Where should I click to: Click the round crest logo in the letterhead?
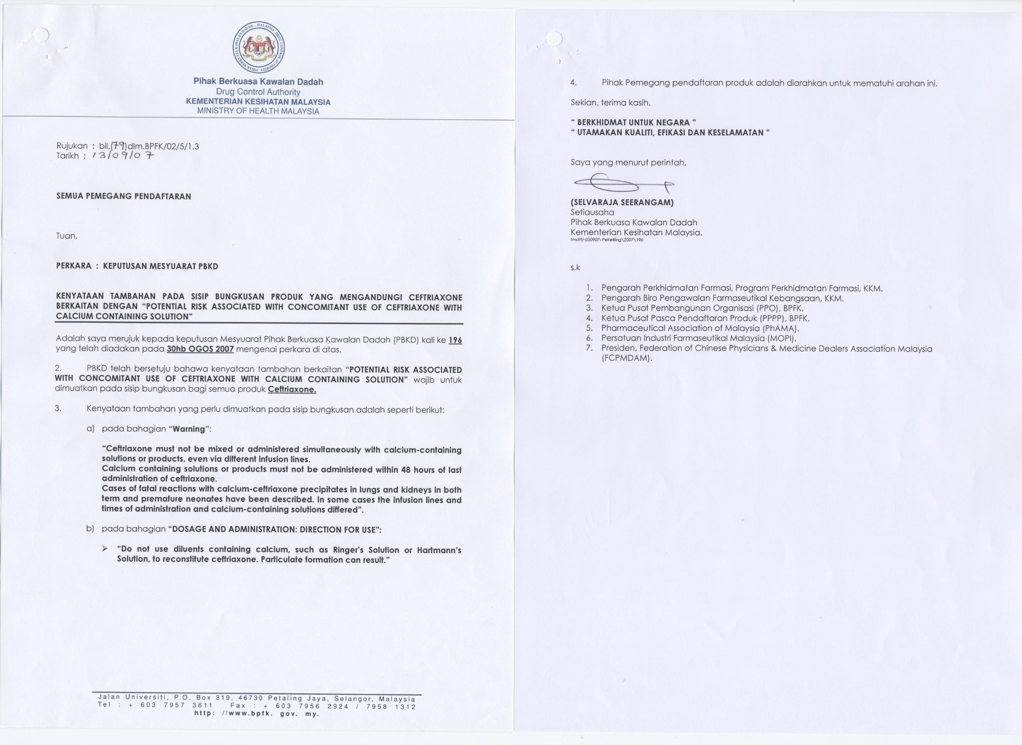(258, 47)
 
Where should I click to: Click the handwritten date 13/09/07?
(123, 156)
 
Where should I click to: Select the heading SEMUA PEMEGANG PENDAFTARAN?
(124, 196)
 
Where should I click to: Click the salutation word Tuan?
(66, 236)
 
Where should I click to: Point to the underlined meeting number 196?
(455, 340)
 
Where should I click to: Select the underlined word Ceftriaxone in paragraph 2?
(292, 389)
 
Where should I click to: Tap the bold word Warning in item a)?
(189, 429)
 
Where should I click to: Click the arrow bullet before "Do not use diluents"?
(105, 549)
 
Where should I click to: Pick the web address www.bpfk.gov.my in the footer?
(257, 714)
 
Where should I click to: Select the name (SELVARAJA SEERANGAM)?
(622, 202)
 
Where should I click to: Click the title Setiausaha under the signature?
(592, 212)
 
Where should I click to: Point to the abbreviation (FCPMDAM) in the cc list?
(627, 358)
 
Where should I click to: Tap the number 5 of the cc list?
(589, 328)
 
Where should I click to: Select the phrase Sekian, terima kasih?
(610, 102)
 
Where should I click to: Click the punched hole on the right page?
(554, 39)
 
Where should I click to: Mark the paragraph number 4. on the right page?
(574, 83)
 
